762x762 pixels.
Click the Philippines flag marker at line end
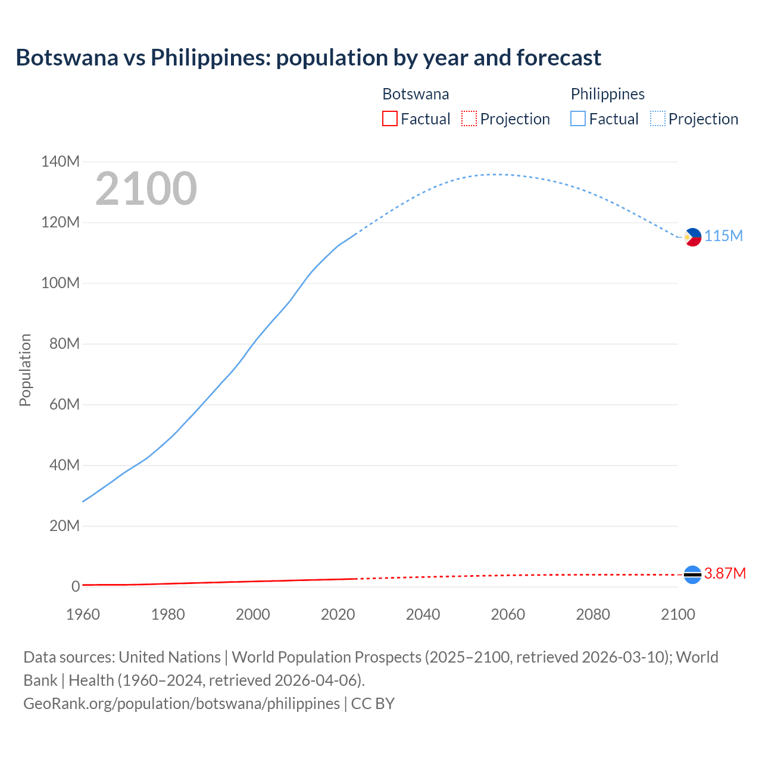pyautogui.click(x=692, y=237)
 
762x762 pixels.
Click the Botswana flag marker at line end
pyautogui.click(x=692, y=574)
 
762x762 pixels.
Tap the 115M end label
pyautogui.click(x=723, y=236)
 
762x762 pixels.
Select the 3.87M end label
pyautogui.click(x=724, y=574)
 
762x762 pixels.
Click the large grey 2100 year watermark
pyautogui.click(x=146, y=189)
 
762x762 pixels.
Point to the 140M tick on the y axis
pyautogui.click(x=60, y=162)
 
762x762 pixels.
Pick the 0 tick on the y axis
pyautogui.click(x=76, y=587)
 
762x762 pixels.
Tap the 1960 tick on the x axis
pyautogui.click(x=83, y=614)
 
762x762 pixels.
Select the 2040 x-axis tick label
pyautogui.click(x=423, y=614)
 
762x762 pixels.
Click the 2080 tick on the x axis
pyautogui.click(x=593, y=614)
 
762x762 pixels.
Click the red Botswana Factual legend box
pyautogui.click(x=389, y=119)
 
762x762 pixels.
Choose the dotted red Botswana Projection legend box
pyautogui.click(x=469, y=119)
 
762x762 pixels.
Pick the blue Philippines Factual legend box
pyautogui.click(x=578, y=119)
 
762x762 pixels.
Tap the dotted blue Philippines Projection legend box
pyautogui.click(x=657, y=119)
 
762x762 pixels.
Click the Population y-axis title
pyautogui.click(x=25, y=370)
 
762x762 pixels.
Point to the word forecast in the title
pyautogui.click(x=559, y=58)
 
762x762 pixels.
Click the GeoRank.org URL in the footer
pyautogui.click(x=182, y=704)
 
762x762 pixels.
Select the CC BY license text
pyautogui.click(x=373, y=704)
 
